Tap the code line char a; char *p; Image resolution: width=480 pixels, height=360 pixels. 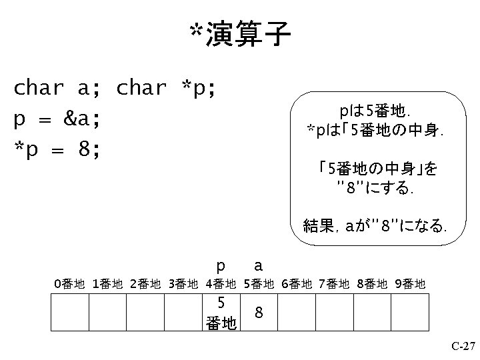(115, 88)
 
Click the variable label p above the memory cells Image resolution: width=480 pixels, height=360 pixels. (221, 265)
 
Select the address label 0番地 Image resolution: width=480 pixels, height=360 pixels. (69, 285)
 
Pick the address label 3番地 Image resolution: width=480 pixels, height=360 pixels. (183, 285)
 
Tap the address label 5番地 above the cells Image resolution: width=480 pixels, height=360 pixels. (259, 285)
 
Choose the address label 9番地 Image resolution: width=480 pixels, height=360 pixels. (409, 285)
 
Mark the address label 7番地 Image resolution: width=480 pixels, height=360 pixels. (334, 285)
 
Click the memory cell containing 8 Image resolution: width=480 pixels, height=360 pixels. (259, 312)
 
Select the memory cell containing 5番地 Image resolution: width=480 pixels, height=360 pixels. (221, 312)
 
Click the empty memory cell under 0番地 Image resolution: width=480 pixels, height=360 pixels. (70, 312)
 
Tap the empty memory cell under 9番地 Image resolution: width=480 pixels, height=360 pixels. (409, 312)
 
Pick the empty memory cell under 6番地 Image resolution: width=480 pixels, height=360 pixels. (296, 312)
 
